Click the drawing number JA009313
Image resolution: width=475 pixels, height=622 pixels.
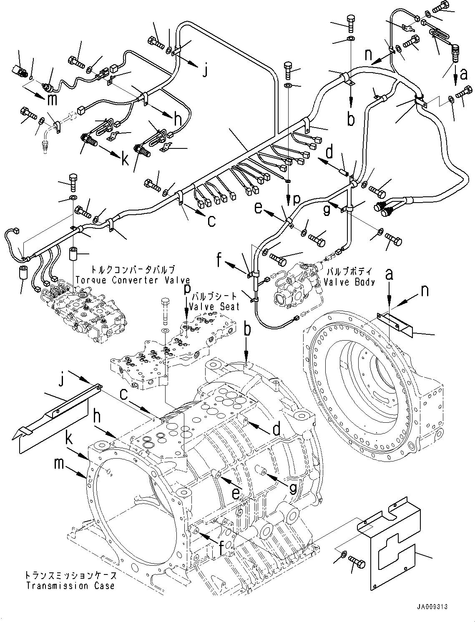point(432,607)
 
